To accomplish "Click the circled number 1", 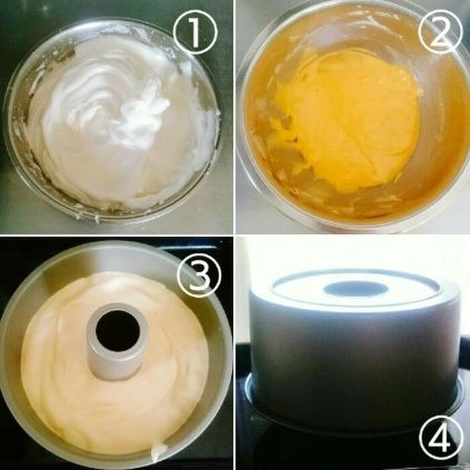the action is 195,32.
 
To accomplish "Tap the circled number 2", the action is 440,32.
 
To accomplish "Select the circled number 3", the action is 199,275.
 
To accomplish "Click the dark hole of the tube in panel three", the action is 117,330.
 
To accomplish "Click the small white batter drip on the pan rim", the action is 159,452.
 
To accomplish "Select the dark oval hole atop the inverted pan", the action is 356,289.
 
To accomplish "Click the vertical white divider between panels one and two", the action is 234,116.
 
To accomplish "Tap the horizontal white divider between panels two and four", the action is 353,235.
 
